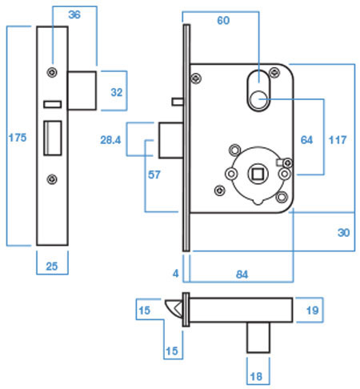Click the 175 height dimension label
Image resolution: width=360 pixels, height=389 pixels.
click(18, 138)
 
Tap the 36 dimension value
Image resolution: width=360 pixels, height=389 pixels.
click(74, 15)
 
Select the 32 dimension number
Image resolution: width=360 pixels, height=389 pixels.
click(117, 92)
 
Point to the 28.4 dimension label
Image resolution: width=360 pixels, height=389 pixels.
click(110, 140)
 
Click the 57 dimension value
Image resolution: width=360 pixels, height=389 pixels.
click(154, 174)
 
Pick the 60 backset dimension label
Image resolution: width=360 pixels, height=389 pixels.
click(223, 21)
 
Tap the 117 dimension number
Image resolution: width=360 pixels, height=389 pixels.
click(338, 140)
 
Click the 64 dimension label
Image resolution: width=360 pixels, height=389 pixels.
click(306, 140)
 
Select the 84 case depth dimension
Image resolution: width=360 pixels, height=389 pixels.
click(242, 275)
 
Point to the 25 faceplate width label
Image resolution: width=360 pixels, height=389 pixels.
click(52, 267)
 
